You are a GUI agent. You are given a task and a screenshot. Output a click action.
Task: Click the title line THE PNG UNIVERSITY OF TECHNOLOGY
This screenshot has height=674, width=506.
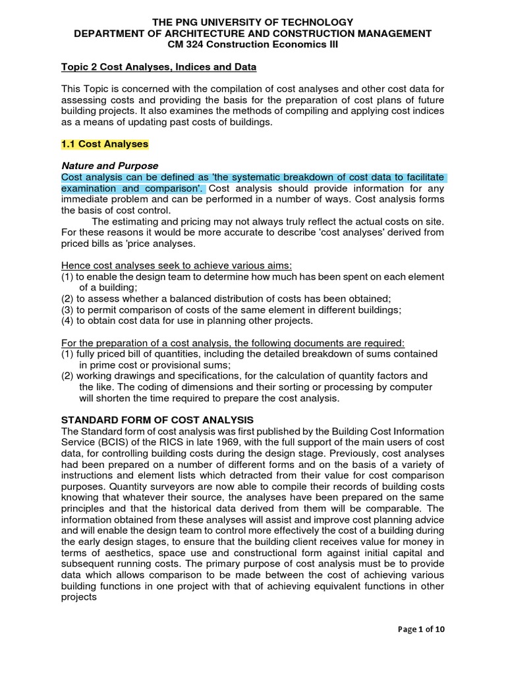tap(253, 22)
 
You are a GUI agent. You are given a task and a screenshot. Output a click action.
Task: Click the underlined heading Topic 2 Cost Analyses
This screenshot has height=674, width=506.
tap(158, 67)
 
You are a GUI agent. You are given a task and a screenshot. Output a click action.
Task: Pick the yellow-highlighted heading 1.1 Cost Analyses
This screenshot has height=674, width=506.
tap(105, 143)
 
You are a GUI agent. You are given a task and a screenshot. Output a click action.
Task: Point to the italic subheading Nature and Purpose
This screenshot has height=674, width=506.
tap(109, 166)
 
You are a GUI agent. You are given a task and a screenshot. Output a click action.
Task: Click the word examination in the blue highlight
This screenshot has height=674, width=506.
tap(88, 188)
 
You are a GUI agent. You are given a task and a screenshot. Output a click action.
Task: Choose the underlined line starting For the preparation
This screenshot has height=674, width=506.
tap(233, 343)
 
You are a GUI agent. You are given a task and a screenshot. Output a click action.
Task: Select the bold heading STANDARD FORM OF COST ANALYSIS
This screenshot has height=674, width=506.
tap(157, 420)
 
